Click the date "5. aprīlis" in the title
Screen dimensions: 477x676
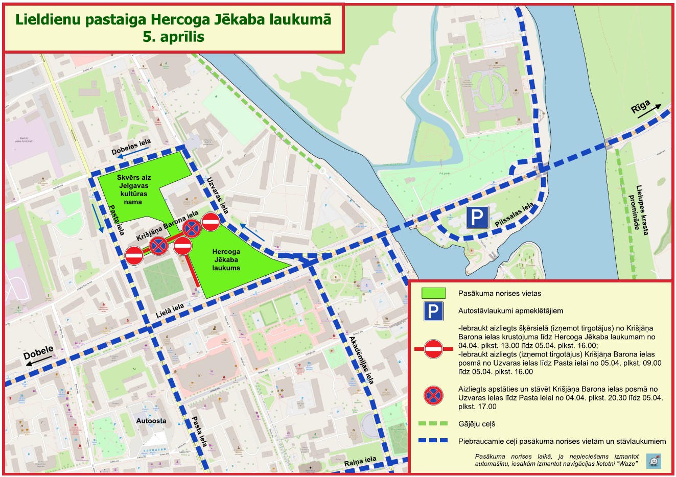click(x=174, y=37)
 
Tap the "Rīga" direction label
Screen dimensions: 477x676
click(x=640, y=108)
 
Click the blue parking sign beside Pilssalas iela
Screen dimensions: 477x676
click(x=477, y=218)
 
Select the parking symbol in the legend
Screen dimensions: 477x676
click(x=433, y=311)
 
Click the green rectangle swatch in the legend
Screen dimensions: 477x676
click(x=433, y=293)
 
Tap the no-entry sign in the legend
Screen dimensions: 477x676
click(x=433, y=349)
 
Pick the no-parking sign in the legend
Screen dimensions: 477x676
click(x=433, y=395)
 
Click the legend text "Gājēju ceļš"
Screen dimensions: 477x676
click(x=477, y=424)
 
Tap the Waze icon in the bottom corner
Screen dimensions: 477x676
click(x=653, y=461)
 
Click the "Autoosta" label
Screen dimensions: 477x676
click(x=151, y=421)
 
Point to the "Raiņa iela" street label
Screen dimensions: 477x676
click(x=360, y=462)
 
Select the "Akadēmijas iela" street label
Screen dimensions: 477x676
click(x=362, y=360)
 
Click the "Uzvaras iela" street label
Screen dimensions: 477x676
click(x=218, y=195)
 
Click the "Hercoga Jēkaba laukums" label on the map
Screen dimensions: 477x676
click(x=226, y=259)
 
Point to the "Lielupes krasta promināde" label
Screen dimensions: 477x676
click(x=642, y=210)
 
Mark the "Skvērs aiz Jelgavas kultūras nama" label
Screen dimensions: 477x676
click(x=134, y=189)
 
